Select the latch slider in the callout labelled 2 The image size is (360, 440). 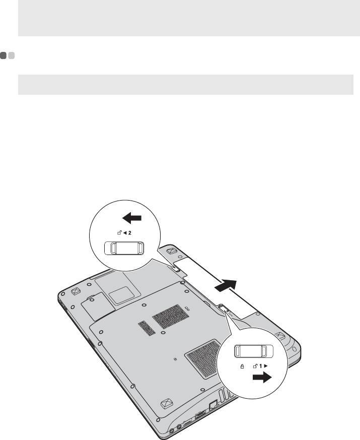point(124,248)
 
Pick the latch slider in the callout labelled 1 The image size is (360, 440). point(255,351)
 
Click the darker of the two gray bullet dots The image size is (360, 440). point(4,56)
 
